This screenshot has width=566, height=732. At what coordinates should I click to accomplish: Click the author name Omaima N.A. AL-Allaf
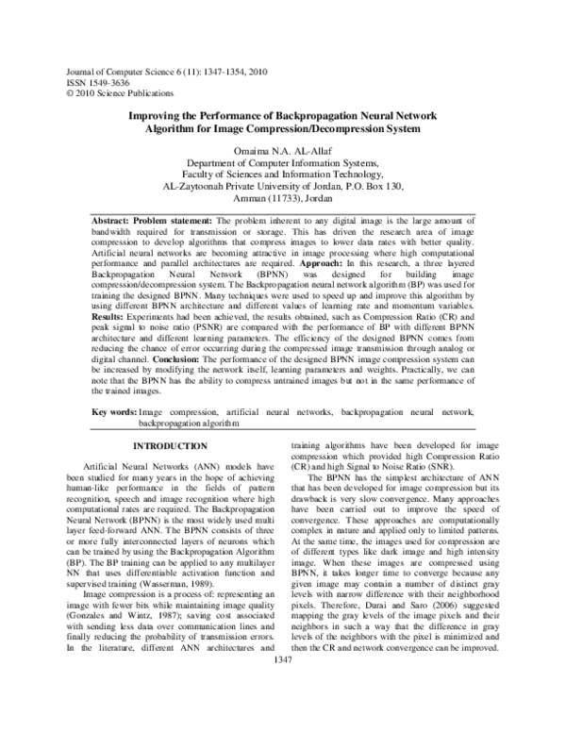283,150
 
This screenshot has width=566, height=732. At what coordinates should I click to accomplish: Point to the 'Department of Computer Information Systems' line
283,163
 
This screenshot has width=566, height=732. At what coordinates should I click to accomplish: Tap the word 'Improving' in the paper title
158,113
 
